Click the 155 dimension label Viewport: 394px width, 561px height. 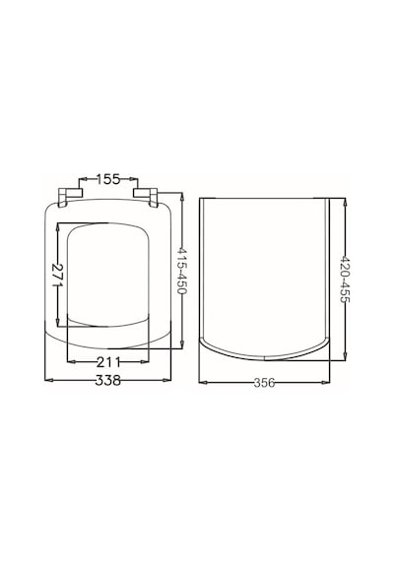pos(108,179)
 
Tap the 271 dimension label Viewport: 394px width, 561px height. pos(58,275)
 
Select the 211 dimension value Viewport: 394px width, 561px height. pos(108,362)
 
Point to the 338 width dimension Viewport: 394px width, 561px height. pos(107,380)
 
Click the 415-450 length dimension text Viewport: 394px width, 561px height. pos(182,270)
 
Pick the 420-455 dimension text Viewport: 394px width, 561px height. pos(345,280)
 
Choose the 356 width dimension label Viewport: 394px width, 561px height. pos(264,383)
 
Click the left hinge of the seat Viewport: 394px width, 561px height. pos(70,197)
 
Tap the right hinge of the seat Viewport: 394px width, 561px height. pos(146,197)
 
